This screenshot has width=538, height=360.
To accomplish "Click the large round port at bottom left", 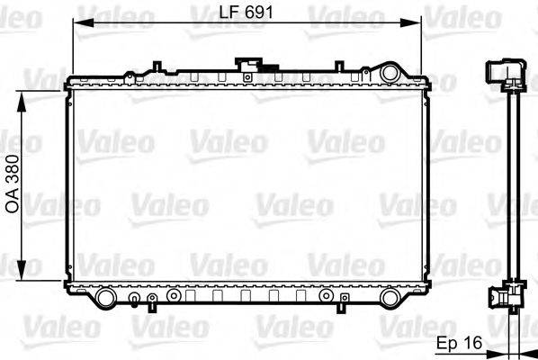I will pyautogui.click(x=105, y=297).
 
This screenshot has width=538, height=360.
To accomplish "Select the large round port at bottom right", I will pyautogui.click(x=390, y=297).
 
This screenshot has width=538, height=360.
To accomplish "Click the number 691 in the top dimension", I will pyautogui.click(x=258, y=13).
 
